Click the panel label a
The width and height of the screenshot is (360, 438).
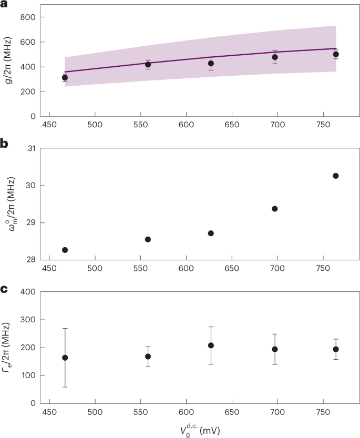4,4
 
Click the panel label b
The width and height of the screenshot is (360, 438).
4,142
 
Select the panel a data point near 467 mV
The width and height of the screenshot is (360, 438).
65,78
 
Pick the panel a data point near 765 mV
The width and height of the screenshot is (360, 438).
336,54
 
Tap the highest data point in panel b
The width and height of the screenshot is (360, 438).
336,176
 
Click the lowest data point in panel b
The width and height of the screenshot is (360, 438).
65,250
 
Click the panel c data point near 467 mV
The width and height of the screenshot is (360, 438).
65,358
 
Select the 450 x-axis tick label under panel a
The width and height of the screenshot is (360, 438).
49,126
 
